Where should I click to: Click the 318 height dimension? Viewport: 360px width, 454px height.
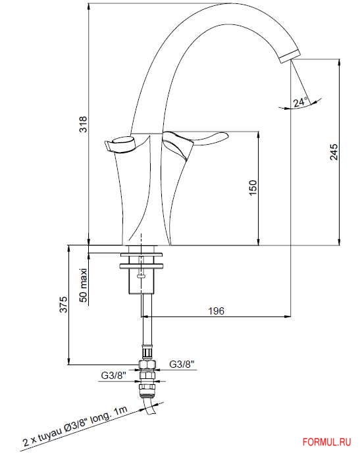84,124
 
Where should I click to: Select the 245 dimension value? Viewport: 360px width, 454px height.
334,151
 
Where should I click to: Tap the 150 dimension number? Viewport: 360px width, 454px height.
253,188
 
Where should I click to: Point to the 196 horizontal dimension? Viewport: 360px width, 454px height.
217,311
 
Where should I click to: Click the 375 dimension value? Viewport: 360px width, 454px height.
63,304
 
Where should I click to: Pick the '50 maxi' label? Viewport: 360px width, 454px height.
84,286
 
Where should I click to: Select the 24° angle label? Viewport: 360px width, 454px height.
300,101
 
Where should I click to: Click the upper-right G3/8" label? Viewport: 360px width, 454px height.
182,364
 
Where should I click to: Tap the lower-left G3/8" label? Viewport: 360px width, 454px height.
114,376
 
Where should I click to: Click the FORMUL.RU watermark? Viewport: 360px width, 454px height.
326,442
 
